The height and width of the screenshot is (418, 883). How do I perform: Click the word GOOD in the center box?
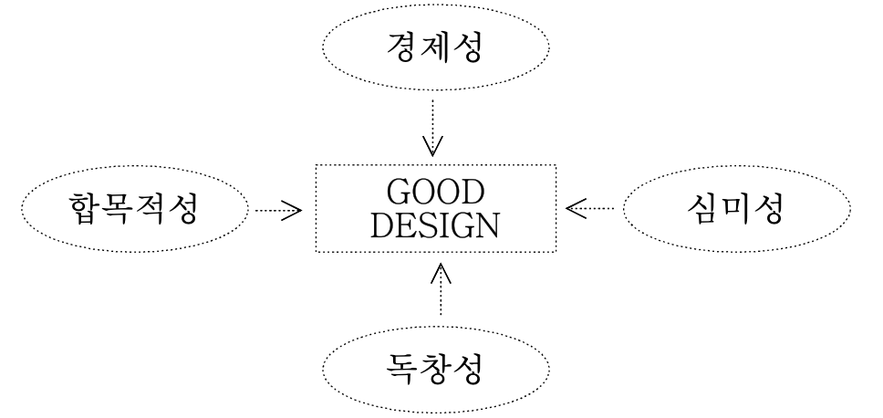pos(434,193)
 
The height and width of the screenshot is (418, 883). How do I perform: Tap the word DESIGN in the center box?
pos(434,224)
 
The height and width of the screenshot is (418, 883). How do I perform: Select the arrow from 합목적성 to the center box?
pos(278,211)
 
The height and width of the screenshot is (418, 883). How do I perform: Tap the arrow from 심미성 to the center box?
pos(590,209)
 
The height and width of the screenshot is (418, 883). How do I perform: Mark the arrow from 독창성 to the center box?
pos(442,288)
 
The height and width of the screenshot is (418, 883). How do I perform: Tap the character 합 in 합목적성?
pos(88,210)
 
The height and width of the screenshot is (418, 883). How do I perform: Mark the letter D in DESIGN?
pos(382,224)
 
